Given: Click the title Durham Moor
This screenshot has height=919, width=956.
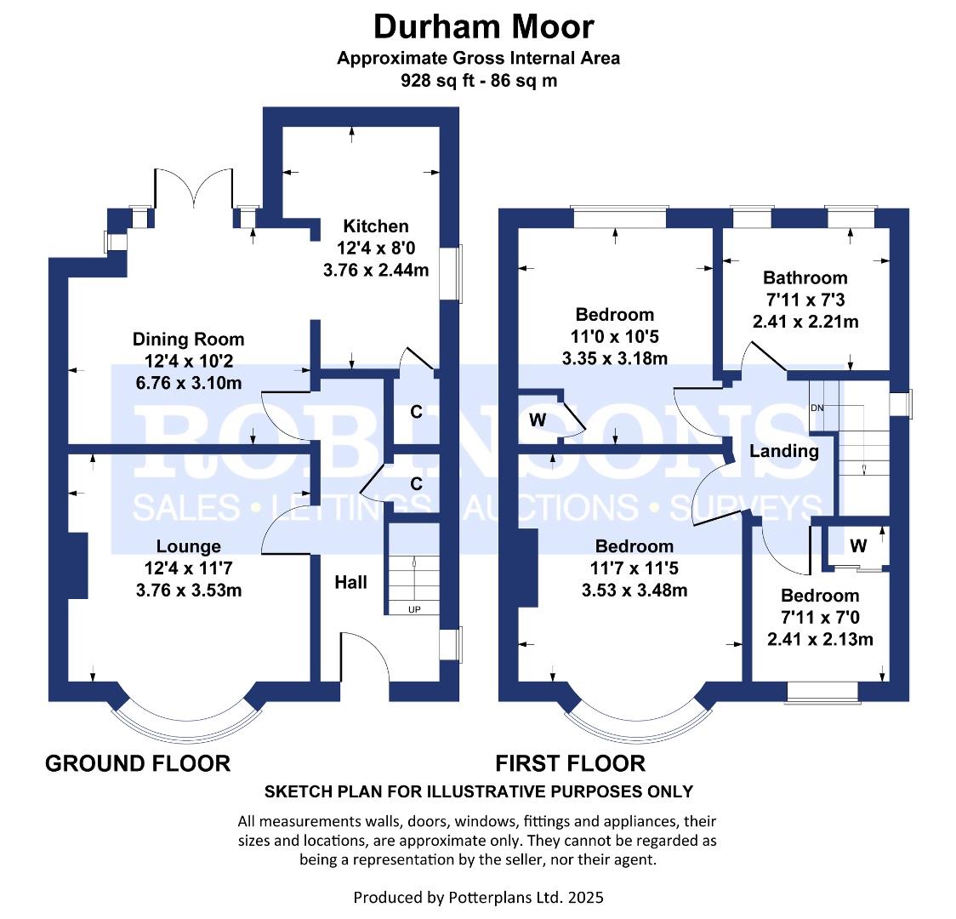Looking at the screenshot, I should [484, 27].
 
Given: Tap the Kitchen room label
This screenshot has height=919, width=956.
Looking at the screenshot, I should [375, 226].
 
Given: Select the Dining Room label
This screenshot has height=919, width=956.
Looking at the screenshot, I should [188, 340].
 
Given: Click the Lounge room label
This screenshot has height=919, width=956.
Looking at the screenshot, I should [188, 546].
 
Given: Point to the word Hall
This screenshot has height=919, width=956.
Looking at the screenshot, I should [350, 582].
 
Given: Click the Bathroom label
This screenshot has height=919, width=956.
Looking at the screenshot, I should [805, 277].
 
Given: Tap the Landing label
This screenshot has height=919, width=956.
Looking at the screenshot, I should [783, 451].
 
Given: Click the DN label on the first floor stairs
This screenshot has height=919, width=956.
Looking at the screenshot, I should [817, 408].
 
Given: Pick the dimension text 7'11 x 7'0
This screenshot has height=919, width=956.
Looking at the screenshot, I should [820, 618].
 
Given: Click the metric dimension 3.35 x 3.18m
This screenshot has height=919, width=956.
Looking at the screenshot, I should [614, 358].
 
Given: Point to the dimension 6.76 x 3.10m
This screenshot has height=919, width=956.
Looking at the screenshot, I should [188, 383].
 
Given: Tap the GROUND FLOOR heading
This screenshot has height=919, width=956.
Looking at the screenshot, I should [137, 763].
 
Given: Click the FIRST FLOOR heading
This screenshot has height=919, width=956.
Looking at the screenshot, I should [570, 763].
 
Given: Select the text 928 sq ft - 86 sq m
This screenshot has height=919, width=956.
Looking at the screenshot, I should [479, 81].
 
